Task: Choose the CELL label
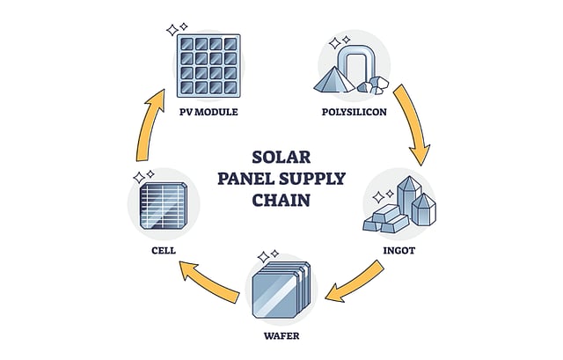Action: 164,250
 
